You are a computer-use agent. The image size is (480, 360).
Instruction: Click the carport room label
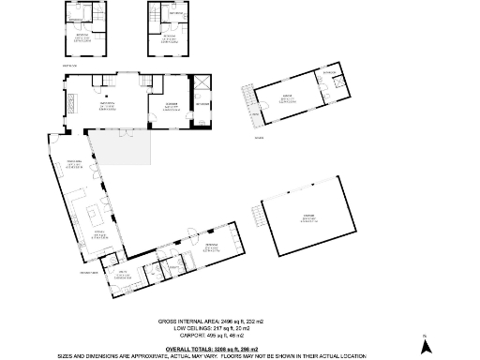coord(308,221)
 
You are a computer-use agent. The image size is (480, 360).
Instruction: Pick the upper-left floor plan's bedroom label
coord(82,37)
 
